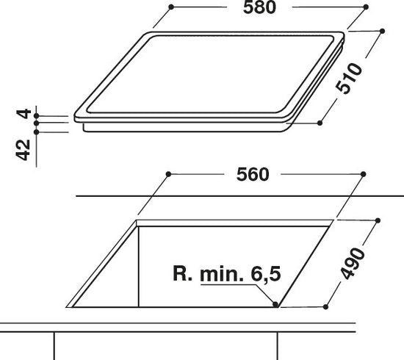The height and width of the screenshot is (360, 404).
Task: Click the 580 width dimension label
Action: click(x=259, y=7)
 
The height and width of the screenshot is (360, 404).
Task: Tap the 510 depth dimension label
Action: click(x=349, y=79)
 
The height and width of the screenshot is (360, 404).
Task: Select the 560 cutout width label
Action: click(x=253, y=174)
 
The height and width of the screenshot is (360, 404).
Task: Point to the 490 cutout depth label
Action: click(x=352, y=263)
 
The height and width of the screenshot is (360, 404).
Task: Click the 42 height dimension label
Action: click(x=24, y=150)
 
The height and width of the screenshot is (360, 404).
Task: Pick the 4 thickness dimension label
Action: click(x=24, y=114)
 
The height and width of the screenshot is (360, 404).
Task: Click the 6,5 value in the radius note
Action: click(x=266, y=273)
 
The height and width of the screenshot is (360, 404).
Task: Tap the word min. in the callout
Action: click(x=222, y=273)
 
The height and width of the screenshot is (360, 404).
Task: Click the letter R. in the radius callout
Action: click(x=183, y=273)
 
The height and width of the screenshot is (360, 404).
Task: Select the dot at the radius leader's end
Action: click(x=275, y=304)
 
